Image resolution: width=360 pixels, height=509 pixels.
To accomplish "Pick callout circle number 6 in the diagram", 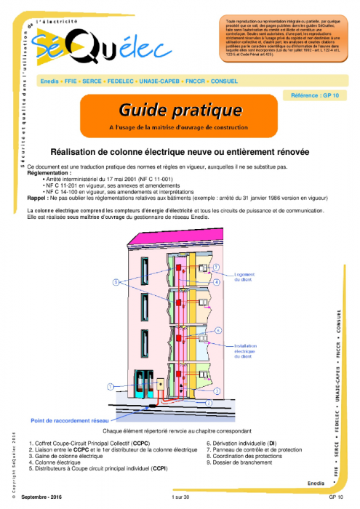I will pos(218,329).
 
